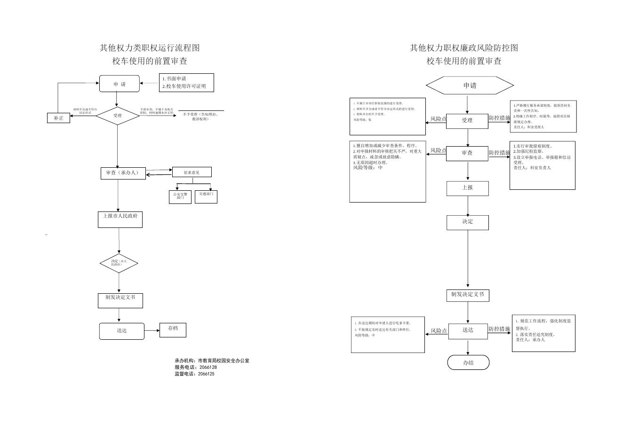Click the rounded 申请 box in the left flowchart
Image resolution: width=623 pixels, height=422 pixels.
120,84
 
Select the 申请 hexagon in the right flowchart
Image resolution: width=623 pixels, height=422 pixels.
470,86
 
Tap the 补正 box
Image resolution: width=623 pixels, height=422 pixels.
58,118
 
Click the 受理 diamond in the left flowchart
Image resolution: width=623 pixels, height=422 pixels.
117,115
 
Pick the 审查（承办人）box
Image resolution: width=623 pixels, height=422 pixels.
123,173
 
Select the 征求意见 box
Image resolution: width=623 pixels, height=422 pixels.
192,172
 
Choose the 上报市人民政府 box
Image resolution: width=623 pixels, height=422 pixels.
120,219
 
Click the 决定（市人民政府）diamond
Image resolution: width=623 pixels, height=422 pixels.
119,263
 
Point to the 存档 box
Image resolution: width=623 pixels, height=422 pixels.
173,330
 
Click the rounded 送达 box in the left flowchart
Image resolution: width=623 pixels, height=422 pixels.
121,331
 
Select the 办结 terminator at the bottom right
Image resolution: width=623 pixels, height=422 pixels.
468,362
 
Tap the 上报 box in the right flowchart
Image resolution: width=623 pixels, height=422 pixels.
468,188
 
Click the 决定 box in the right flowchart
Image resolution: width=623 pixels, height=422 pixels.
468,222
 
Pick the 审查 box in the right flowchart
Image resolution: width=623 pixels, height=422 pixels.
467,153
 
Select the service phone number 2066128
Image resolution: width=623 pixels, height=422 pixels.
207,367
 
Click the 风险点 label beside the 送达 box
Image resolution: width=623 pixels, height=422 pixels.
439,331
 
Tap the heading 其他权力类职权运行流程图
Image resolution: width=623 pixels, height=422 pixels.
150,48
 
